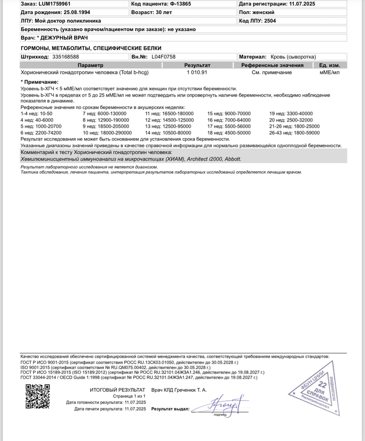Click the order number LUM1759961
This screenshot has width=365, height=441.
click(x=52, y=4)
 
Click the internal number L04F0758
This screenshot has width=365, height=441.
click(x=163, y=57)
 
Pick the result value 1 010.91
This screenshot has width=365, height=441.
click(x=197, y=72)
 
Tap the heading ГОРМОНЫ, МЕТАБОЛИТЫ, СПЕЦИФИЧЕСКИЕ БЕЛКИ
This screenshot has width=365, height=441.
click(x=91, y=48)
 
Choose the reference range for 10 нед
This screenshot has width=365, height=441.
click(x=116, y=133)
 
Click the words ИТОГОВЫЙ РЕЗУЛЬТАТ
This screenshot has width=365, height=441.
click(x=118, y=390)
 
